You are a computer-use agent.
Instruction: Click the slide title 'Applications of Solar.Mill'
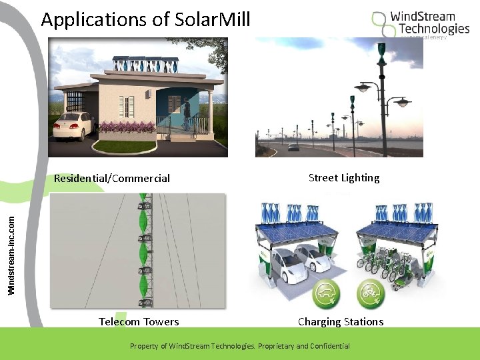[145, 19]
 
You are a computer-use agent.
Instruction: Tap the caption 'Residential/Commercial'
[112, 178]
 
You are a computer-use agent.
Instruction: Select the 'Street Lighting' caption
[344, 177]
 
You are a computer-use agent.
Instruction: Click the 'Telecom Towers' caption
[139, 321]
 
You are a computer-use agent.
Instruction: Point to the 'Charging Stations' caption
[341, 321]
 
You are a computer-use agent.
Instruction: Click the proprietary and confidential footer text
[239, 346]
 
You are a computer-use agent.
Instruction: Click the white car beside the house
[71, 125]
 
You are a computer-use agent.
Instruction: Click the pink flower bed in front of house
[126, 128]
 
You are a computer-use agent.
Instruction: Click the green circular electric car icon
[327, 293]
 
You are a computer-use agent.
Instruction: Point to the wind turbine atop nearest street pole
[382, 50]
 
